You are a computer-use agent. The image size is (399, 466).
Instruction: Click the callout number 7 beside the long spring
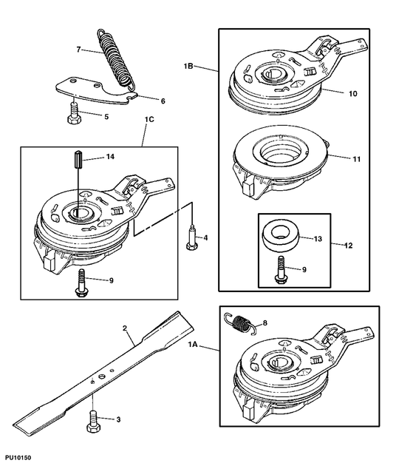click(78, 50)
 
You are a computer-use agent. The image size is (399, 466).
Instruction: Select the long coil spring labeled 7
click(117, 59)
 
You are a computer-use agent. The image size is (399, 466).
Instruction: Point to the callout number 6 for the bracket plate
click(163, 101)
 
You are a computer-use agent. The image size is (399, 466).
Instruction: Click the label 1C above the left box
click(149, 120)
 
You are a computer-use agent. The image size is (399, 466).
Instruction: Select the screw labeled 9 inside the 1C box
click(81, 283)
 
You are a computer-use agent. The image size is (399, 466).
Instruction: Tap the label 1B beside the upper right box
click(188, 66)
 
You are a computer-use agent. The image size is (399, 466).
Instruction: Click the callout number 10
click(352, 94)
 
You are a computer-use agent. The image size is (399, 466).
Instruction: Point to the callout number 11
click(357, 159)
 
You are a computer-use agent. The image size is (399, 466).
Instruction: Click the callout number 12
click(348, 246)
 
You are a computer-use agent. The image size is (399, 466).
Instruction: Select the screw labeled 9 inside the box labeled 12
click(279, 270)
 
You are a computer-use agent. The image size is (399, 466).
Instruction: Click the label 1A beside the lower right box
click(193, 345)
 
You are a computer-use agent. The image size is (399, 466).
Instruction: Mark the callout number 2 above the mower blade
click(125, 328)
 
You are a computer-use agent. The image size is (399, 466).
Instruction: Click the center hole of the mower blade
click(102, 376)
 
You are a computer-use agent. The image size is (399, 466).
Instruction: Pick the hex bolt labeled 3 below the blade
click(94, 421)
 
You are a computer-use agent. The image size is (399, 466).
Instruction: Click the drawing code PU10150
click(18, 457)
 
